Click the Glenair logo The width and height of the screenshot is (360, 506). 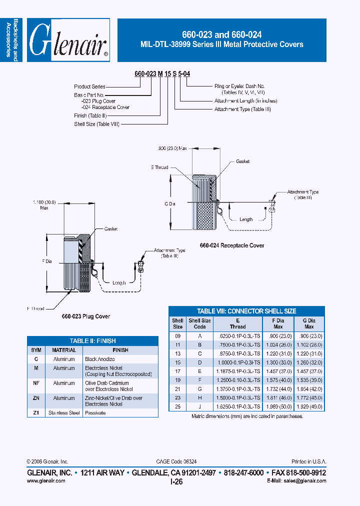(x=68, y=40)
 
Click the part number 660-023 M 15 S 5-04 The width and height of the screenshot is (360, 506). (x=162, y=74)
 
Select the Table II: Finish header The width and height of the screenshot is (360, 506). (x=92, y=341)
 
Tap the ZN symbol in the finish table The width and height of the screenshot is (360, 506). (x=36, y=398)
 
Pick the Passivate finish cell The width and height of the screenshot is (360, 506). (x=95, y=413)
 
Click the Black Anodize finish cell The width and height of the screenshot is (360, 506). (x=99, y=359)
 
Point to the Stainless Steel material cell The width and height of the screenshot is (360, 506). (x=64, y=413)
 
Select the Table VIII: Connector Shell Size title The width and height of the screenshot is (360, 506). (x=246, y=310)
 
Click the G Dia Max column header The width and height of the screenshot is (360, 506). (x=309, y=323)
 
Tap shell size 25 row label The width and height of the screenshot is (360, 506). (x=177, y=406)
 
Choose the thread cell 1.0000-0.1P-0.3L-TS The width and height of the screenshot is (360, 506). (x=237, y=361)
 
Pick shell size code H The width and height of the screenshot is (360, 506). (x=199, y=397)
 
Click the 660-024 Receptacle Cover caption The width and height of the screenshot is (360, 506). (x=232, y=245)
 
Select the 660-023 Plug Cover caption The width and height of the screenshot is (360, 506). (x=85, y=316)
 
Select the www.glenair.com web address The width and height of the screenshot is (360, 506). (x=45, y=480)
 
